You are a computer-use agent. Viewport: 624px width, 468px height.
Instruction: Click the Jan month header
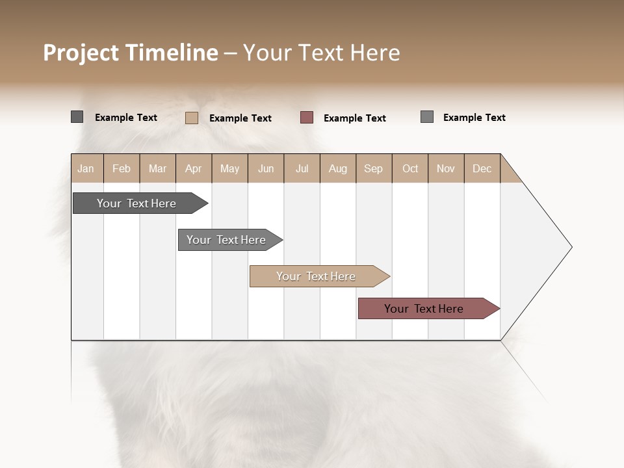[86, 168]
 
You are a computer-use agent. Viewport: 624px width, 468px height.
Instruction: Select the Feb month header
[122, 168]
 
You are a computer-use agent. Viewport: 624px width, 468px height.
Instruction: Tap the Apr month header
[194, 168]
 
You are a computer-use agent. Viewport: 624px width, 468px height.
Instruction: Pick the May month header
[229, 168]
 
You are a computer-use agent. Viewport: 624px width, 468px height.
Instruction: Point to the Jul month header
[302, 168]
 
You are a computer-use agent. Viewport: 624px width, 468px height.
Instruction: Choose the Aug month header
[338, 168]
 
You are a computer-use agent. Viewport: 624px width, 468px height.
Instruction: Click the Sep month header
[374, 168]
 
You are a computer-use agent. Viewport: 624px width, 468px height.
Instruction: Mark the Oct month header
[410, 168]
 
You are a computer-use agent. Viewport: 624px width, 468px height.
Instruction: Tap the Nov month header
[446, 168]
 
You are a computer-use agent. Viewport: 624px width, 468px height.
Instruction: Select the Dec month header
[482, 168]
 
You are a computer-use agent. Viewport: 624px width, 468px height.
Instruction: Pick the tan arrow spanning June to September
[317, 276]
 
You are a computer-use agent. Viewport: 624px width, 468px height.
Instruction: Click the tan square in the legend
[192, 118]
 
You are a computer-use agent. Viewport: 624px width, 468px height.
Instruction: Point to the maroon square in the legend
[307, 118]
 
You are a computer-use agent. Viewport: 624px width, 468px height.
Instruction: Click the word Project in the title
[81, 53]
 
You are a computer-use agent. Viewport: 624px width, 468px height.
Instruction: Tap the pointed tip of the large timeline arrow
[569, 247]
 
